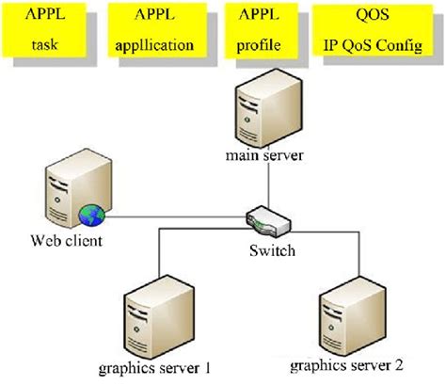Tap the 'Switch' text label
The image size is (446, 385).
coord(272,250)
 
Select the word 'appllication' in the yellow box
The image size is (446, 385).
coord(155,43)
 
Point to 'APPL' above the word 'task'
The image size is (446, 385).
coord(47,17)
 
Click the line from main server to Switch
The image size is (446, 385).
coord(267,188)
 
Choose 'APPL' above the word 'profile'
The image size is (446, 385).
coord(258,17)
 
